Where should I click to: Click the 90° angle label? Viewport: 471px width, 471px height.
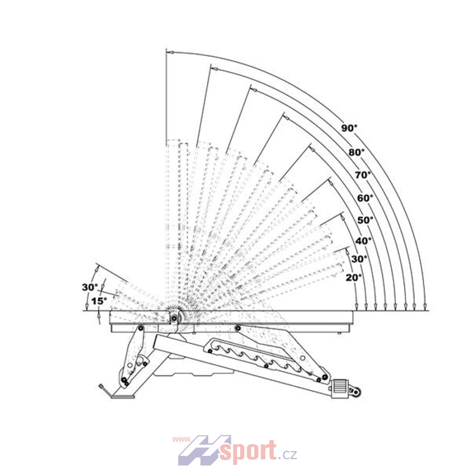pos(349,128)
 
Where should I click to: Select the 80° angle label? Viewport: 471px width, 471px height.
pos(356,153)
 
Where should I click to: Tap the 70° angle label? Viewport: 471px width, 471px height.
pos(363,175)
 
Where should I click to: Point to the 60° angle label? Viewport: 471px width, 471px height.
pos(365,198)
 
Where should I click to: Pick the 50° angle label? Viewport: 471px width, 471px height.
pos(365,220)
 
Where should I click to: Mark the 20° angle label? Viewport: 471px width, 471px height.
pos(354,278)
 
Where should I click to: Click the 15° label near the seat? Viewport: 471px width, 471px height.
pos(99,301)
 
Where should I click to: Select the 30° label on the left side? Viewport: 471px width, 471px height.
pos(90,287)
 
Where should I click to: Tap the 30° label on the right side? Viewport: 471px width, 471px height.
pos(359,259)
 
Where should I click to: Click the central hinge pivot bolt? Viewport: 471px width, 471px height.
pos(174,318)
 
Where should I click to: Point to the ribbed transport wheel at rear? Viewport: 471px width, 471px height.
pos(340,389)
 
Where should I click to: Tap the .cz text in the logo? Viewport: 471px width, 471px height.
pos(288,454)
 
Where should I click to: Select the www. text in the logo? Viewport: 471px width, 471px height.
pos(182,440)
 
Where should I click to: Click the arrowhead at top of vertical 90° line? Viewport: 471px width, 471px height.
pos(170,52)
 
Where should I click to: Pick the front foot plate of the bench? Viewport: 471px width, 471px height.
pos(122,397)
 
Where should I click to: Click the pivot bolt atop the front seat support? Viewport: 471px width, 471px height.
pos(140,328)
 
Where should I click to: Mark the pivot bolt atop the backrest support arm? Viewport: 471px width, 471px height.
pos(238,328)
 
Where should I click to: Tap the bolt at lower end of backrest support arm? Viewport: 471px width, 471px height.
pos(324,377)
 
